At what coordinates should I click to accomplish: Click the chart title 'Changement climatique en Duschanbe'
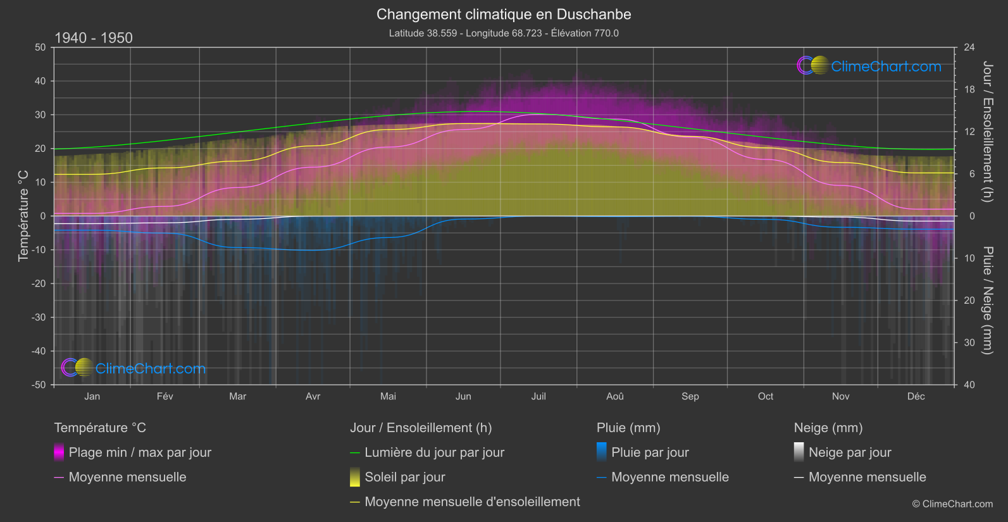point(504,15)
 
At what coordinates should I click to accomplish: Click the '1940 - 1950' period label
point(94,38)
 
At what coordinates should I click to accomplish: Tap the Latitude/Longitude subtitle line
point(504,33)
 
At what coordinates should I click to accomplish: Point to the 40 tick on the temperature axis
point(40,81)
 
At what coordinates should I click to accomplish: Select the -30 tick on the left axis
point(39,318)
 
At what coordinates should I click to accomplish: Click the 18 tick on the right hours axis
point(969,90)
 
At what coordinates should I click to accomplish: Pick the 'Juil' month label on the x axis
point(538,397)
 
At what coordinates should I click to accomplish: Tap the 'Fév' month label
point(165,397)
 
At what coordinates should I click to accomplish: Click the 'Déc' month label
point(916,397)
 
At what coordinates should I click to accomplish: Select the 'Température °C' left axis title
point(23,215)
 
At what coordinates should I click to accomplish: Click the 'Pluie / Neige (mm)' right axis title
point(987,301)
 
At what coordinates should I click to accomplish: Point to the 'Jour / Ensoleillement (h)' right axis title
point(987,132)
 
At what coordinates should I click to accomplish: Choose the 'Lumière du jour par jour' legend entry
point(434,452)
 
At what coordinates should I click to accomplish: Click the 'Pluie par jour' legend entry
point(650,452)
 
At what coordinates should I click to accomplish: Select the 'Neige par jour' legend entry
point(850,452)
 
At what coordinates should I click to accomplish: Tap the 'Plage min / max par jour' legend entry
point(140,452)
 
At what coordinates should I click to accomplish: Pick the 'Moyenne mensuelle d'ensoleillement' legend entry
point(472,502)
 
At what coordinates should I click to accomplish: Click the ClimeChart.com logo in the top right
point(869,66)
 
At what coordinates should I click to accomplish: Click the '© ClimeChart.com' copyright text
point(952,504)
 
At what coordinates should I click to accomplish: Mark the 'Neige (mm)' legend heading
point(828,428)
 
